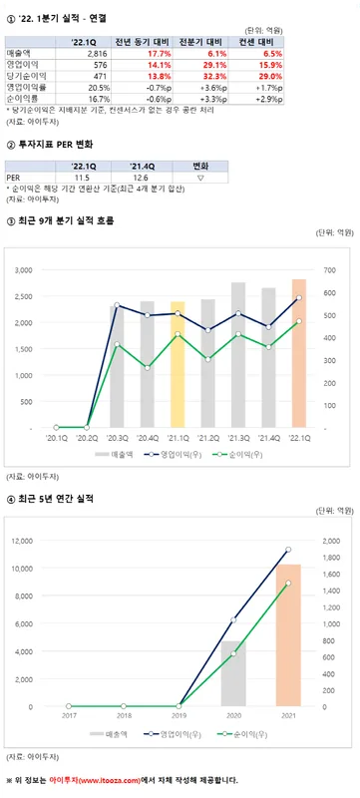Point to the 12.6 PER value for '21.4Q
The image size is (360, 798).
(143, 177)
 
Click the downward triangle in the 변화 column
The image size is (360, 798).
(200, 177)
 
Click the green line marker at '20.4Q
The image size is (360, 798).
(148, 367)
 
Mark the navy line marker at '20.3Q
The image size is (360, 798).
(118, 305)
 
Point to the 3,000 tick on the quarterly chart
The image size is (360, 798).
(26, 269)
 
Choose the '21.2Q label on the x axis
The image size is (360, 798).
(208, 437)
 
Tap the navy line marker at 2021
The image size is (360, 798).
(289, 550)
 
